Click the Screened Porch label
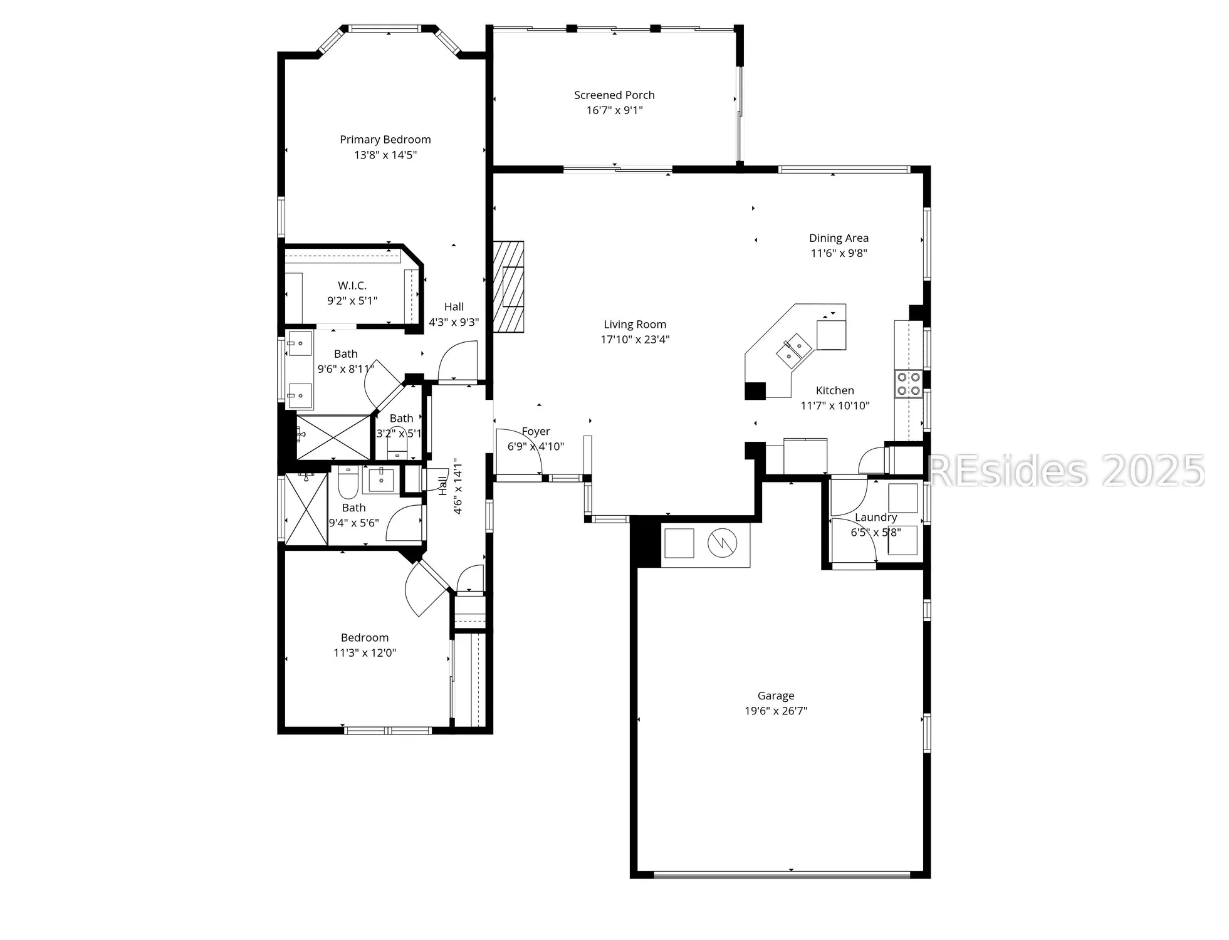614,95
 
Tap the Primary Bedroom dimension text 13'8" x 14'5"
385,155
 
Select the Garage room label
775,696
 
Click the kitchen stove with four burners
907,384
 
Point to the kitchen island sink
793,349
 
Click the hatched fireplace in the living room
508,286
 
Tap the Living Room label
634,325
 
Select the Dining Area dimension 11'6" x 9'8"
839,253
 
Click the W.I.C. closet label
352,286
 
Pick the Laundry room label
876,518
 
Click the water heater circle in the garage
722,543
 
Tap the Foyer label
535,432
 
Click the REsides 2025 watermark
1065,471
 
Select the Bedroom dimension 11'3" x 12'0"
364,653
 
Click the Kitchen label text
834,390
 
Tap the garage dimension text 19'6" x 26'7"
775,711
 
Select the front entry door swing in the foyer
519,451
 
